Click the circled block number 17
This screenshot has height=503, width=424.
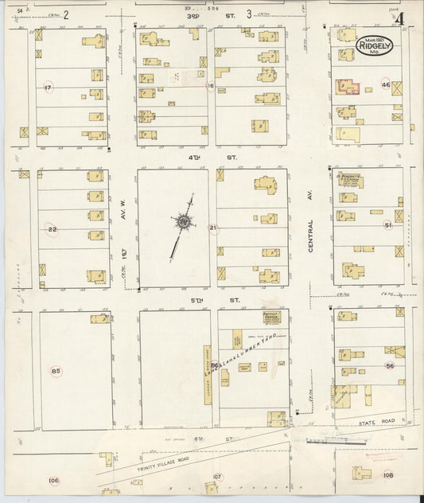pos(49,87)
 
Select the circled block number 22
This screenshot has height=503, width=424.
pos(53,228)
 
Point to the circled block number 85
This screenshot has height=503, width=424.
pos(56,371)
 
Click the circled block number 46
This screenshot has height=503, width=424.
pos(386,84)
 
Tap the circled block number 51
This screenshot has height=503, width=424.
pos(387,225)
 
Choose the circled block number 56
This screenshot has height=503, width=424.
pos(389,365)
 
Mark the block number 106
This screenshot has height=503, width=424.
pos(53,480)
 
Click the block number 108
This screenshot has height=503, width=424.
pos(387,475)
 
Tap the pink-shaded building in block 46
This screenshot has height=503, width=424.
pos(348,87)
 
